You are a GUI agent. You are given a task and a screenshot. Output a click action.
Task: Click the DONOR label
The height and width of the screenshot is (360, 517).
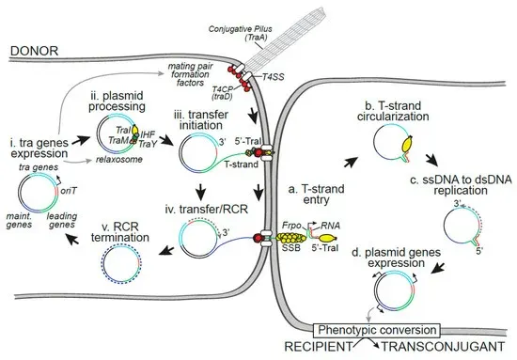36,49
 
